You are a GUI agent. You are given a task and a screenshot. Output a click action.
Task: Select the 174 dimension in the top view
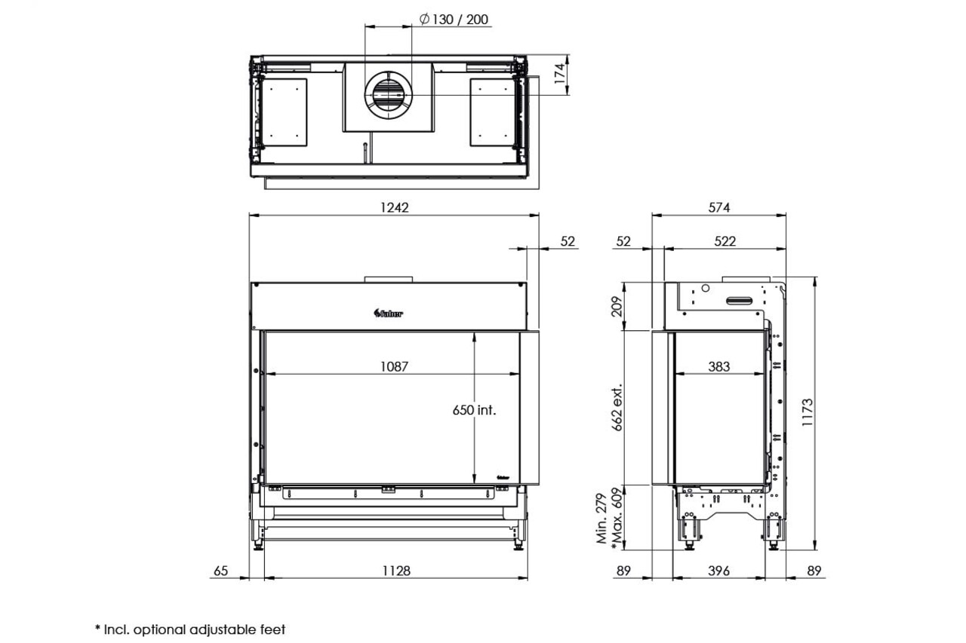tap(560, 76)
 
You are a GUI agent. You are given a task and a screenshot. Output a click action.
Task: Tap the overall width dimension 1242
tap(394, 207)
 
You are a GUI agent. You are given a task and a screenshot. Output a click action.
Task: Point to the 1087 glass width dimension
tap(394, 366)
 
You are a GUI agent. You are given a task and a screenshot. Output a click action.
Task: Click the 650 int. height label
tap(474, 410)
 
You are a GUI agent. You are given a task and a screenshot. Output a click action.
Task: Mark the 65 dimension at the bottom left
tap(220, 571)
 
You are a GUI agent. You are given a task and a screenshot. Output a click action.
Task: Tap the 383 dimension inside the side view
tap(719, 366)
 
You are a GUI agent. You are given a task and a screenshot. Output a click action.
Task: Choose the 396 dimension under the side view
tap(719, 571)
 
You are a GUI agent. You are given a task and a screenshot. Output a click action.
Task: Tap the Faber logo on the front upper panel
tap(389, 314)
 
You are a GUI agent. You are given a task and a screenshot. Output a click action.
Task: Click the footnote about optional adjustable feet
tap(190, 629)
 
